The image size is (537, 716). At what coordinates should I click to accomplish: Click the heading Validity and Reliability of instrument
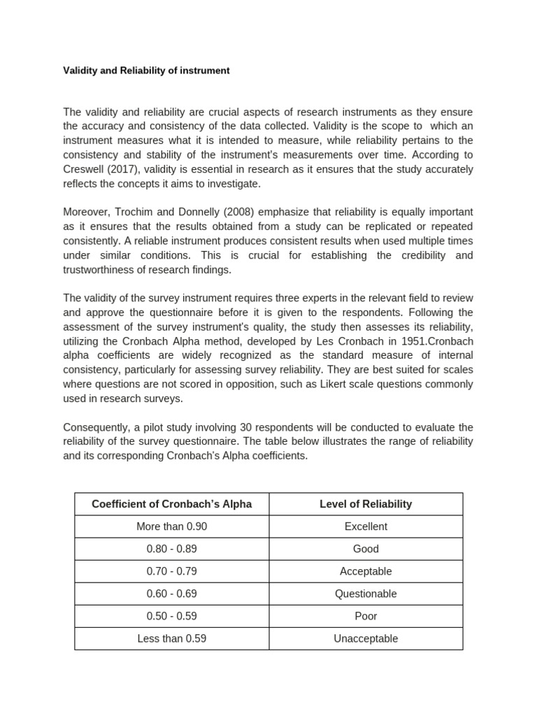coord(146,71)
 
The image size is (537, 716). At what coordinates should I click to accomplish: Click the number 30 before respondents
coord(229,427)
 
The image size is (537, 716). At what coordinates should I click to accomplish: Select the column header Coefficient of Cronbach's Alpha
coord(171,504)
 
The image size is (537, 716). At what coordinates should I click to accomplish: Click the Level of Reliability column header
coord(366,504)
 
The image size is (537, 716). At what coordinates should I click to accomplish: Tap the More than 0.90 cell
coord(171,527)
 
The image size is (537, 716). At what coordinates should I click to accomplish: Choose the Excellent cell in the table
coord(366,527)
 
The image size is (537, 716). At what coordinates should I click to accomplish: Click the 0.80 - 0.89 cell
coord(171,549)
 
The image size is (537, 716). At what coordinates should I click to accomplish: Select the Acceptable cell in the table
coord(366,571)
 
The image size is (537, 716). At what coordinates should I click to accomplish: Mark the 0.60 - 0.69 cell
coord(171,594)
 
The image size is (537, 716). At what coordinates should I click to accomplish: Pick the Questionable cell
coord(366,594)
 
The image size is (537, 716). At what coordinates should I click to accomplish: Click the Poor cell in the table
coord(366,616)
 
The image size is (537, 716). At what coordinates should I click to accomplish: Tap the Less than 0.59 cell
coord(171,638)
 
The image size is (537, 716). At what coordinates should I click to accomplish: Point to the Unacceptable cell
coord(366,638)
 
